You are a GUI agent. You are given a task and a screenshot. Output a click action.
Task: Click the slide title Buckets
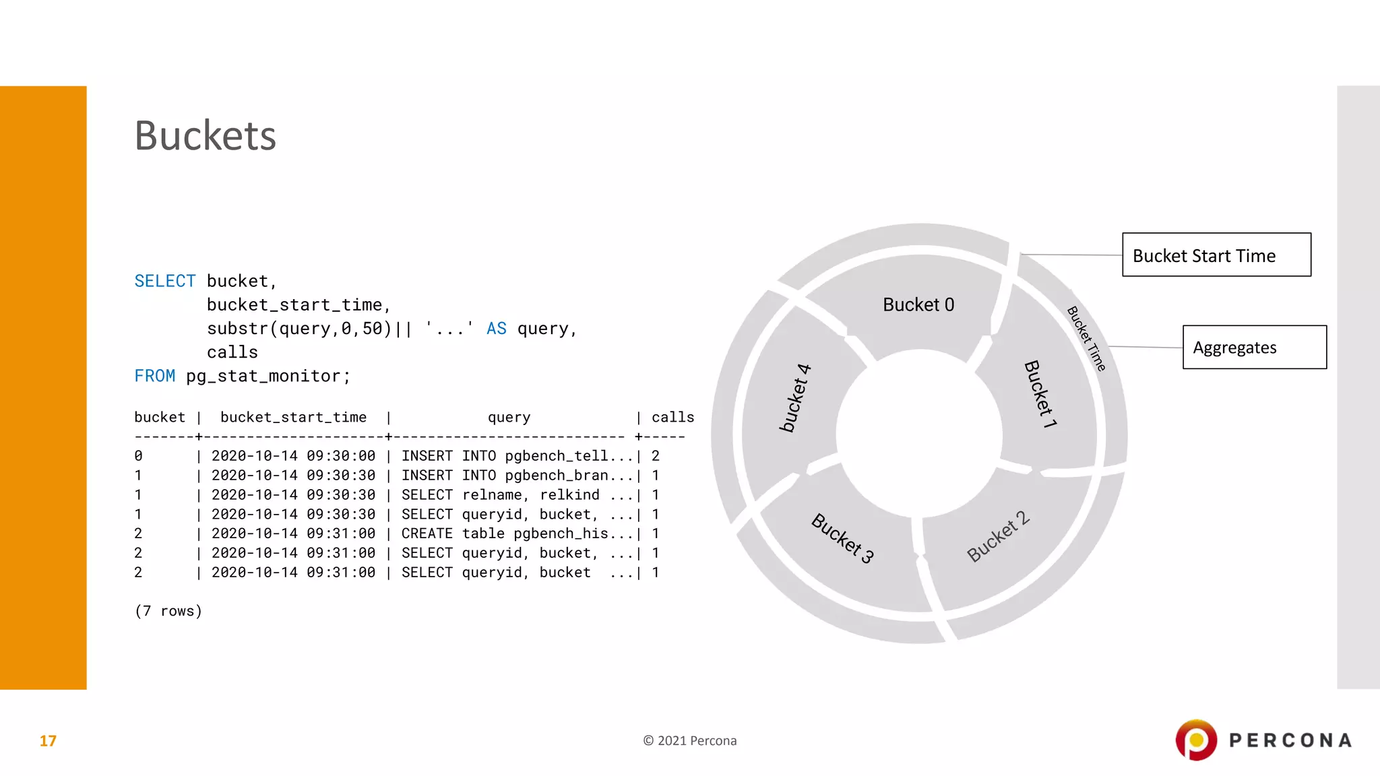click(206, 135)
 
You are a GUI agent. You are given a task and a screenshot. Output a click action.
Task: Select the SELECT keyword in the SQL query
click(165, 281)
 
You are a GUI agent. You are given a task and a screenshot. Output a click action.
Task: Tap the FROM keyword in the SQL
click(154, 376)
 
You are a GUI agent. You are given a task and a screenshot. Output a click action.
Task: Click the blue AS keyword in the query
click(496, 329)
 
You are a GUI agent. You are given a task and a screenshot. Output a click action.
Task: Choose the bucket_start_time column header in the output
click(293, 418)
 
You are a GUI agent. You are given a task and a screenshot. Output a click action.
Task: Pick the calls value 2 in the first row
click(656, 456)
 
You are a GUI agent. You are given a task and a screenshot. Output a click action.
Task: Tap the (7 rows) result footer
click(168, 611)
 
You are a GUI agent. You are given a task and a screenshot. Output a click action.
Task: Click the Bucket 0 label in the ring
click(918, 305)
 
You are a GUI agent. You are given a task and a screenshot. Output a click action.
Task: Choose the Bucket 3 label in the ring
click(842, 538)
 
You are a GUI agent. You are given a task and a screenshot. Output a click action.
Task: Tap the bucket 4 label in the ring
click(795, 397)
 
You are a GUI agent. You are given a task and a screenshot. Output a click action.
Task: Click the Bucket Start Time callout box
click(1216, 255)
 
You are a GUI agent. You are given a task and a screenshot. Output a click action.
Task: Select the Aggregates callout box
click(1254, 348)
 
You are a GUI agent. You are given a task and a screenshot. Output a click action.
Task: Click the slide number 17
click(48, 741)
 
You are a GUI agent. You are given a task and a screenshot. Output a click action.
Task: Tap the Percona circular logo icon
click(1196, 740)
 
